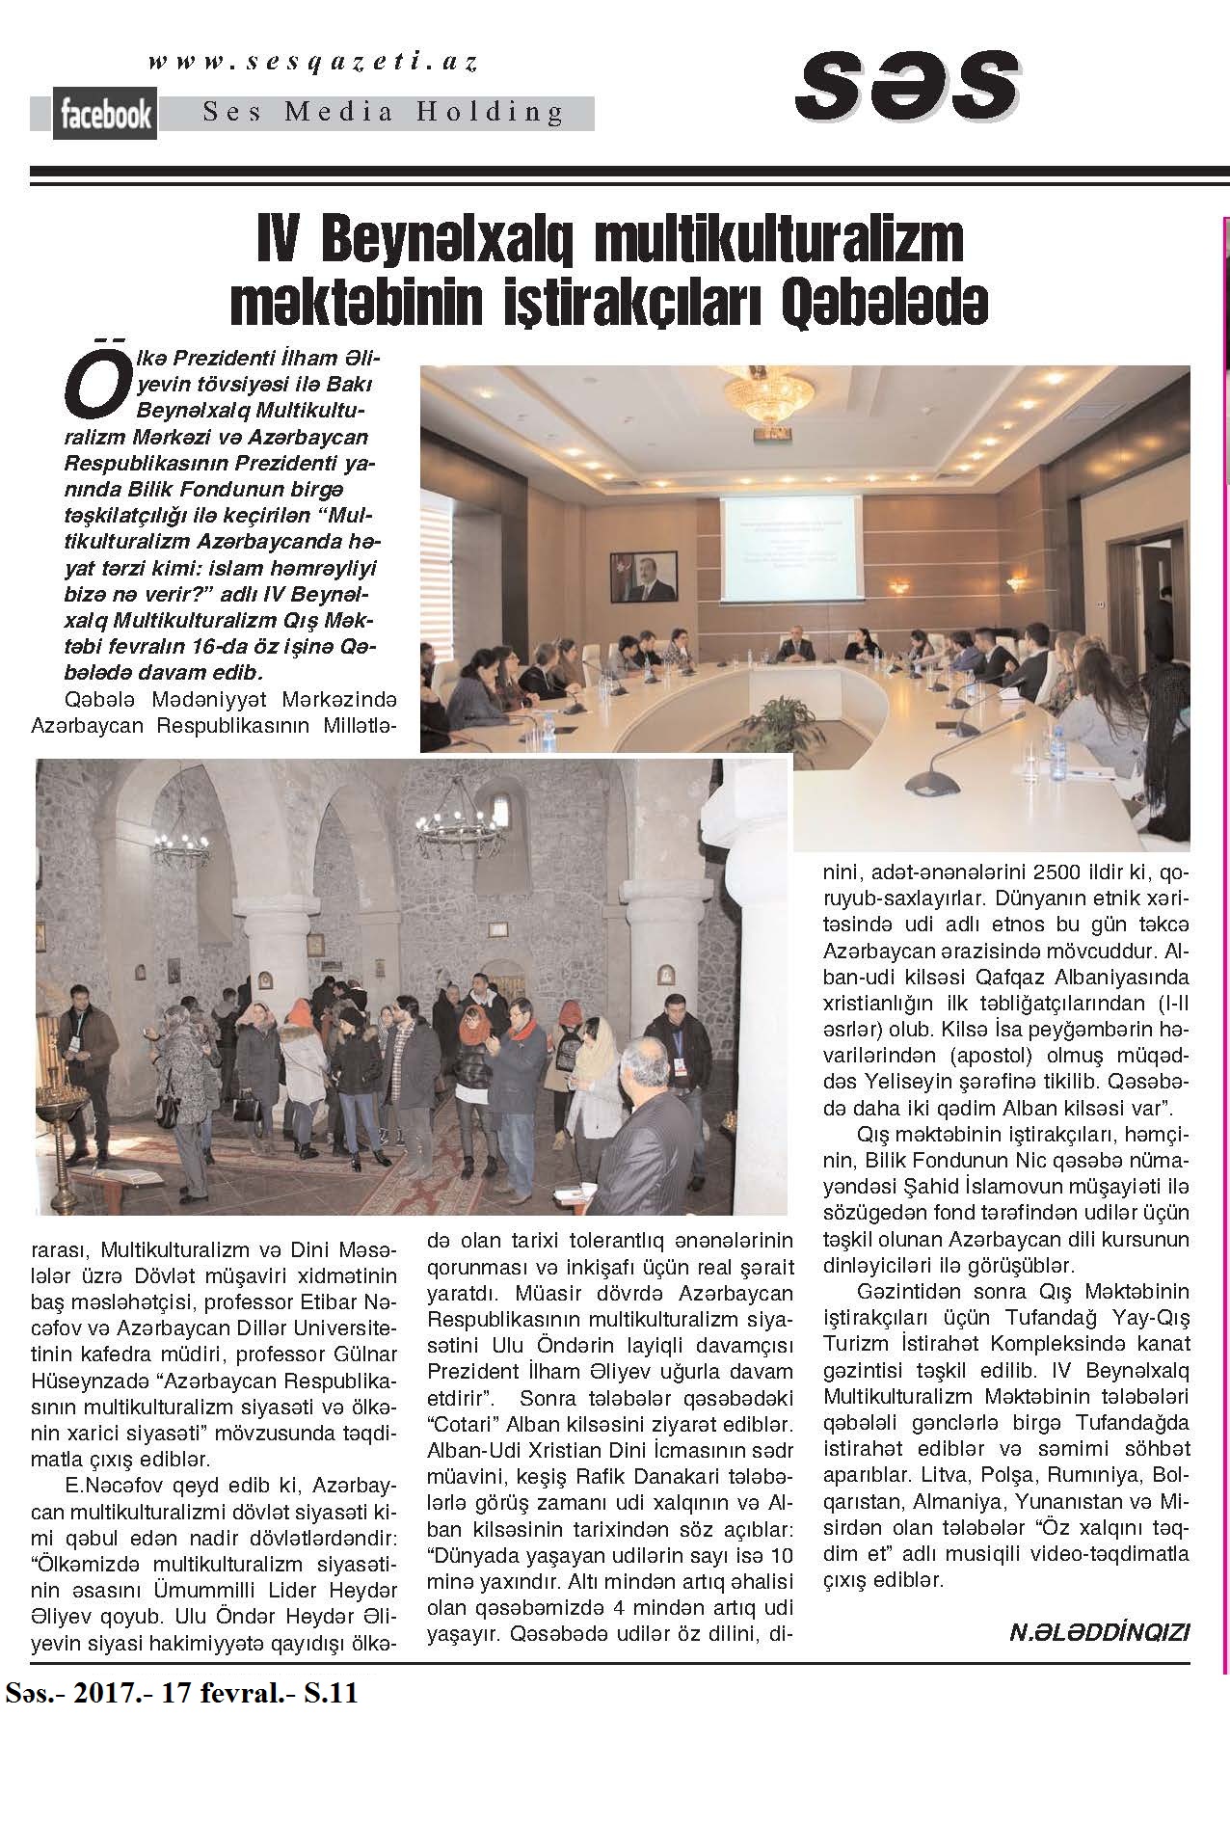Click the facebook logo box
pyautogui.click(x=106, y=116)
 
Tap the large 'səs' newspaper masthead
pyautogui.click(x=908, y=86)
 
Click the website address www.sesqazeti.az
pyautogui.click(x=313, y=63)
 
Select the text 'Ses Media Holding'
pyautogui.click(x=383, y=113)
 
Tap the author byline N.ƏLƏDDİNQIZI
pyautogui.click(x=1099, y=1631)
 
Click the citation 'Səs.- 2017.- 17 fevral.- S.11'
pyautogui.click(x=182, y=1693)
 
